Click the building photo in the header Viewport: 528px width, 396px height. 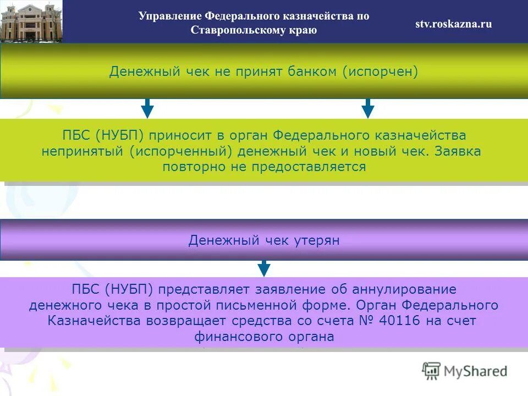pyautogui.click(x=31, y=21)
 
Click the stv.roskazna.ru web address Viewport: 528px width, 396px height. pyautogui.click(x=453, y=24)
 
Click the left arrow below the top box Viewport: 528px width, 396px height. pyautogui.click(x=147, y=108)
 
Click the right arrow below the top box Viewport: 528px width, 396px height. pyautogui.click(x=368, y=108)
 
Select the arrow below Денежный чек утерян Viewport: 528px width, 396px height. pyautogui.click(x=264, y=268)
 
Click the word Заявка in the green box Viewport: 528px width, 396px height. pyautogui.click(x=458, y=151)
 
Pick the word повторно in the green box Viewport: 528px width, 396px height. pyautogui.click(x=190, y=167)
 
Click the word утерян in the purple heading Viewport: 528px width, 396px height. pyautogui.click(x=318, y=241)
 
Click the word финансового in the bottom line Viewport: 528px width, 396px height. pyautogui.click(x=233, y=337)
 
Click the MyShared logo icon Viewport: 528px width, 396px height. pyautogui.click(x=432, y=371)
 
